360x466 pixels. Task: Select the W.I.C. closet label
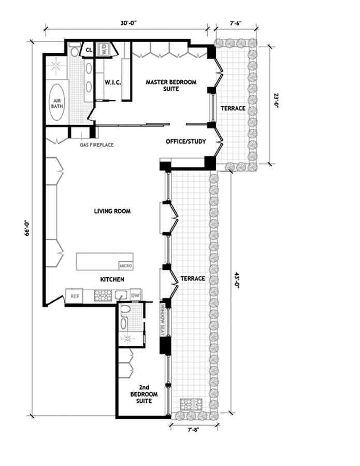pyautogui.click(x=112, y=82)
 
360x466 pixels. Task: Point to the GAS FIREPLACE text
pyautogui.click(x=97, y=145)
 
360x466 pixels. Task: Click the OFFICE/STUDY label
pyautogui.click(x=186, y=142)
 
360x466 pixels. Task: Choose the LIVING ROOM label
pyautogui.click(x=112, y=211)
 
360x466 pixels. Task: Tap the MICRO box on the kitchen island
pyautogui.click(x=125, y=265)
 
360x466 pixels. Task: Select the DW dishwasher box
pyautogui.click(x=135, y=295)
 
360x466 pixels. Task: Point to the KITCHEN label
pyautogui.click(x=112, y=279)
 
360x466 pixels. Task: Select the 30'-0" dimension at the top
pyautogui.click(x=128, y=23)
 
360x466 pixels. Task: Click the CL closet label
pyautogui.click(x=89, y=50)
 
